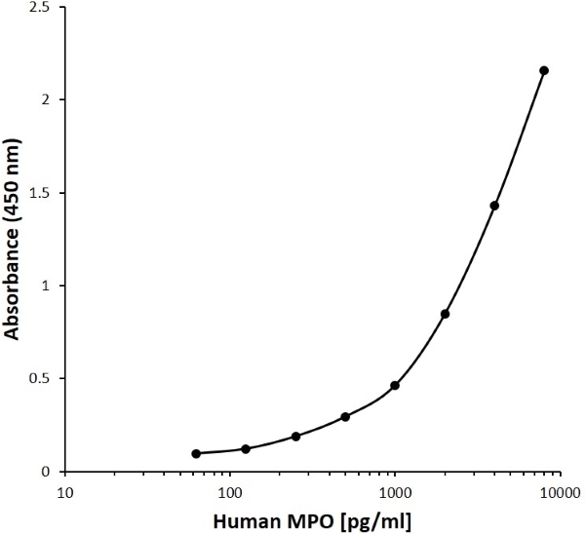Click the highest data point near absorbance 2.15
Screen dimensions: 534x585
tap(544, 70)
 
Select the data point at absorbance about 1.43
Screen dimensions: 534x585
tap(494, 206)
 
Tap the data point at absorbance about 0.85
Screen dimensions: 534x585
tap(445, 314)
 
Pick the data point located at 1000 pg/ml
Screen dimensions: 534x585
tap(395, 386)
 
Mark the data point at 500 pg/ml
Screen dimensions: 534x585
tap(345, 417)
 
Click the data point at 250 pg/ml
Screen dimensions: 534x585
tap(295, 437)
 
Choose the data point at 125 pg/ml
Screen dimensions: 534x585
tap(246, 449)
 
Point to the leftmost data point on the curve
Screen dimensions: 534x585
tap(196, 454)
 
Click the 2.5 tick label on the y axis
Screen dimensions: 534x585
tap(44, 8)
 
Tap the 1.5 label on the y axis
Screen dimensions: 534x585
tap(44, 193)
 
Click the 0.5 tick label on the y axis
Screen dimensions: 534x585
tap(44, 379)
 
